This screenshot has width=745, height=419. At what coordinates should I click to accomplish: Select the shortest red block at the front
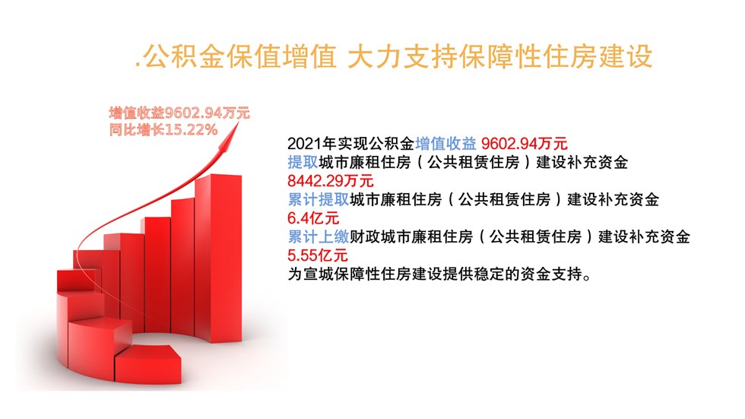[x=147, y=364]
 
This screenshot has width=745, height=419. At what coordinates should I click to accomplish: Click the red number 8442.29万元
[x=330, y=180]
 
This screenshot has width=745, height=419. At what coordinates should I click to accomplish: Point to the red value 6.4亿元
[x=313, y=218]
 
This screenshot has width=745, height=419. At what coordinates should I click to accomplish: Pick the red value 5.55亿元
[x=318, y=255]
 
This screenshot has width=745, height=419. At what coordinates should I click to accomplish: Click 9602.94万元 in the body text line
[x=524, y=144]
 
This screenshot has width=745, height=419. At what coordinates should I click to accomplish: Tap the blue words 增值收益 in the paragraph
[x=445, y=144]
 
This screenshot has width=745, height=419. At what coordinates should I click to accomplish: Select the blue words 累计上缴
[x=319, y=236]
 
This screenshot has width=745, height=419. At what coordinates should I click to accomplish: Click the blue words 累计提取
[x=319, y=199]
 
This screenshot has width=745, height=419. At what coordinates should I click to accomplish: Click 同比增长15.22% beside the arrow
[x=163, y=130]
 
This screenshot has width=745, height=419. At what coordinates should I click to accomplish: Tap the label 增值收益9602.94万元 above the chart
[x=179, y=113]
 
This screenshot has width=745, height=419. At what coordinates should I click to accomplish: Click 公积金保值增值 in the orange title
[x=239, y=56]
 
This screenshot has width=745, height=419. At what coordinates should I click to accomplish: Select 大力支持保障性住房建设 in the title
[x=499, y=56]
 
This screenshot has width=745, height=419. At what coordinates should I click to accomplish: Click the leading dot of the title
[x=138, y=65]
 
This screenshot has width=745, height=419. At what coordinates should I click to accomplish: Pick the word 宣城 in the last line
[x=319, y=274]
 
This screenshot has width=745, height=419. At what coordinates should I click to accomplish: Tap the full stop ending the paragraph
[x=587, y=278]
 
